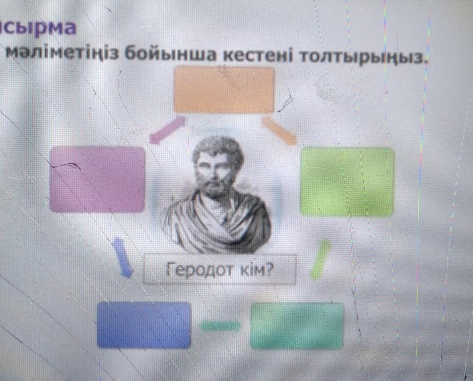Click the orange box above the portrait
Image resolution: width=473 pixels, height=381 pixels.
tap(224, 90)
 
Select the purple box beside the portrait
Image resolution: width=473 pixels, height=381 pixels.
tap(97, 179)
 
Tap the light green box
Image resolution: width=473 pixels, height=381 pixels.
tap(347, 182)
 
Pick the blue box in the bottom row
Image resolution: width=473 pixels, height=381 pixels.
tap(144, 325)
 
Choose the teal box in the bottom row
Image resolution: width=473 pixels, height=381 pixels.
tap(297, 326)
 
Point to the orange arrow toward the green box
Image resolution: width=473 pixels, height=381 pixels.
tap(279, 130)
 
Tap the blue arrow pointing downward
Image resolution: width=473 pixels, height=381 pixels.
tap(122, 258)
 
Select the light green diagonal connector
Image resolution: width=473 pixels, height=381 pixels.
tap(320, 259)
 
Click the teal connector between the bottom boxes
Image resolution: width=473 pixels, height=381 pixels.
tap(221, 326)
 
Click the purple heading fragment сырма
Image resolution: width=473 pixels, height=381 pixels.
tap(38, 28)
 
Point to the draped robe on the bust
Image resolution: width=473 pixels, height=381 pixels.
tap(217, 224)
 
